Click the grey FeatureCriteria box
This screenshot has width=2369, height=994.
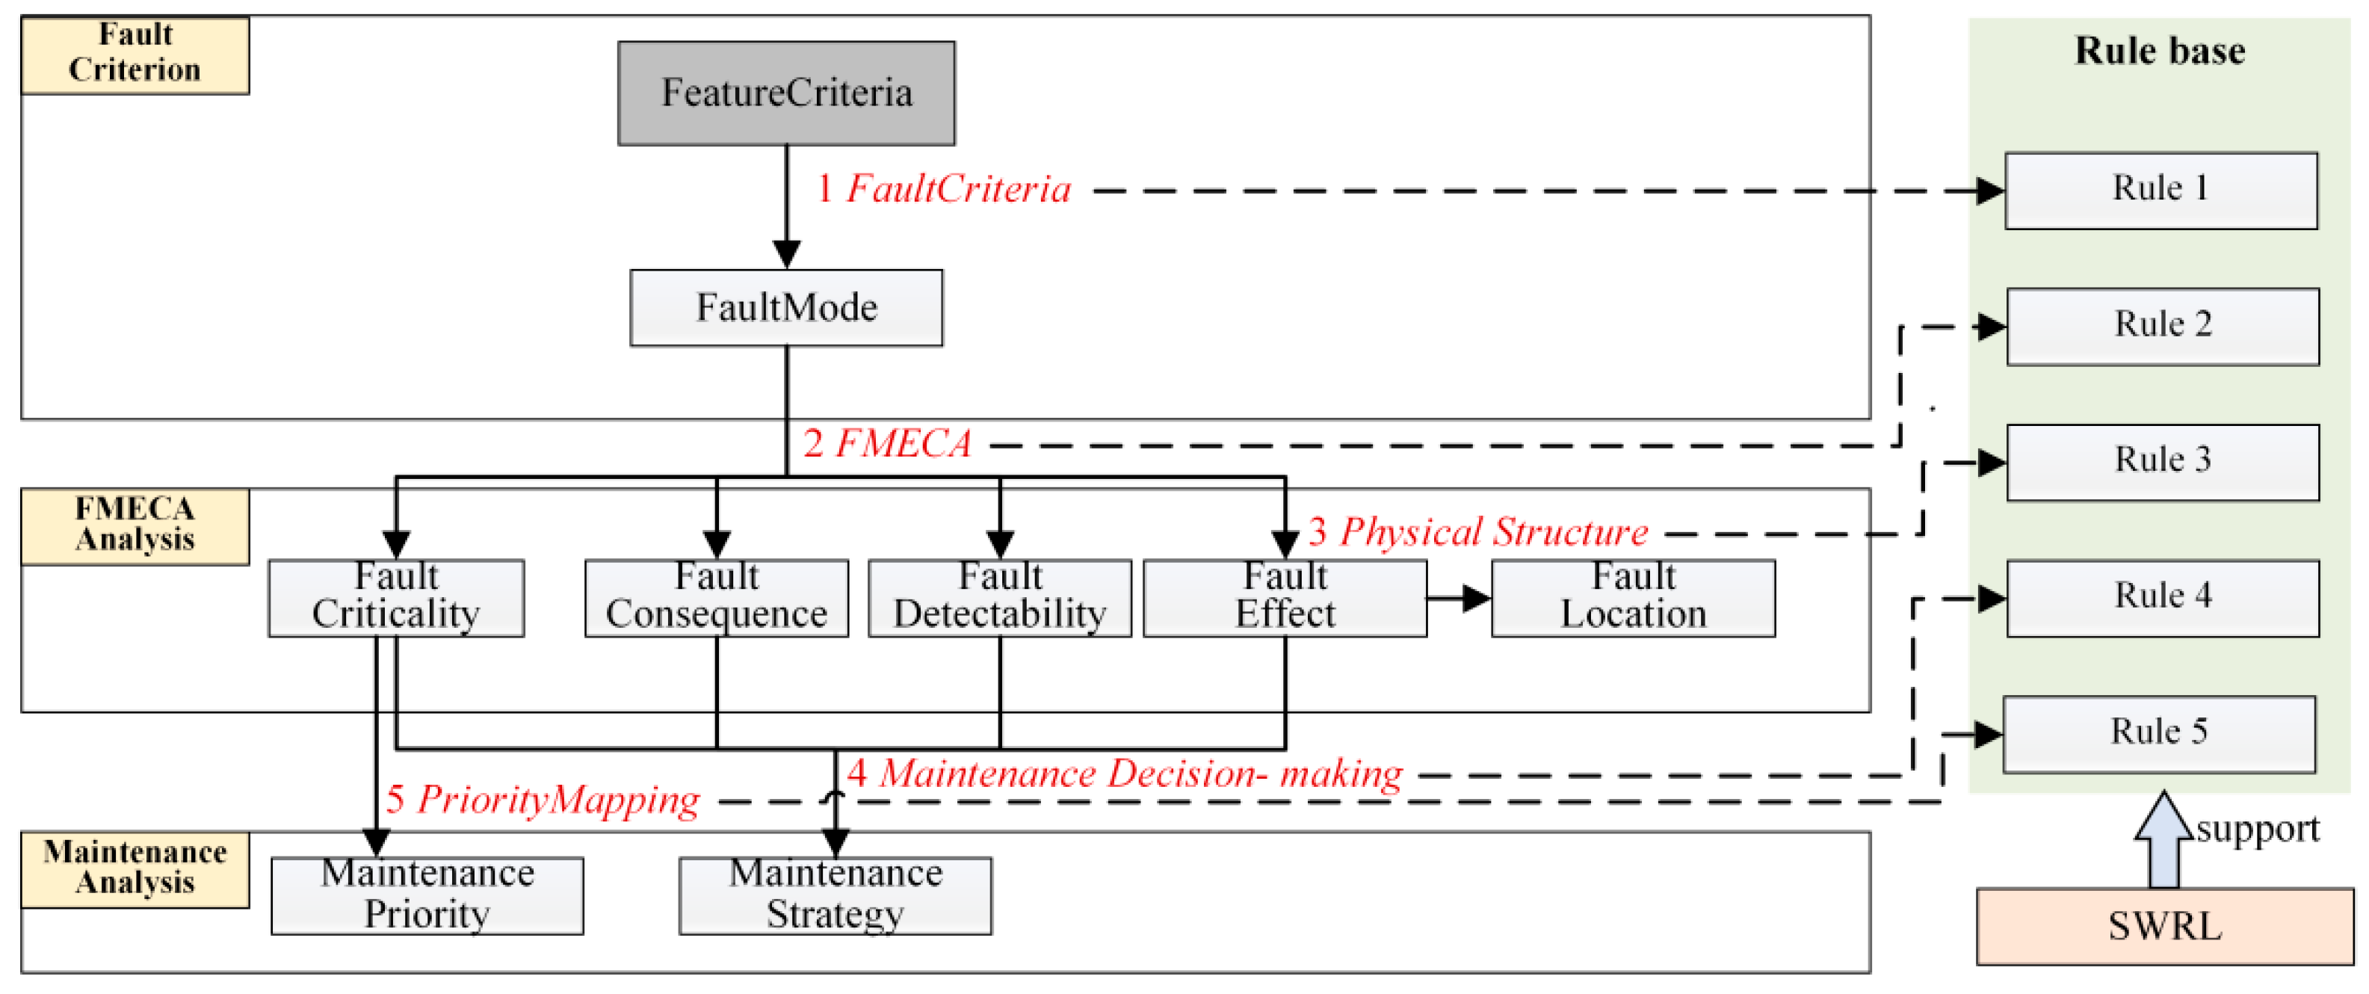pos(786,93)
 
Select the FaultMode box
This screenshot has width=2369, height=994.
pos(786,307)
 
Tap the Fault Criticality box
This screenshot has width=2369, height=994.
pos(396,598)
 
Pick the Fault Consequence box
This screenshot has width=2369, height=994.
pos(717,598)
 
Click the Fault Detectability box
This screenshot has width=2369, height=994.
pos(1000,598)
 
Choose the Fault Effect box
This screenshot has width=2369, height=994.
pos(1285,598)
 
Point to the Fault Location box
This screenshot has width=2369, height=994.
pos(1634,598)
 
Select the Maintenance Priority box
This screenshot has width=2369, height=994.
pos(427,895)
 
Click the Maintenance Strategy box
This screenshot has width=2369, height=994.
pos(835,895)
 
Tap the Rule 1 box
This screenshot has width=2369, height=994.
pos(2160,191)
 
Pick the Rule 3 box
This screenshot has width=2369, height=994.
pos(2162,462)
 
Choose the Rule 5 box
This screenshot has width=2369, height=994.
pos(2158,734)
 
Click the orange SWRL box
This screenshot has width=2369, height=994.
pos(2164,926)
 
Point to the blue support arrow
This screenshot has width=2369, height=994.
pos(2163,842)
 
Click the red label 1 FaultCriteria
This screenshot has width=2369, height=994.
pos(944,189)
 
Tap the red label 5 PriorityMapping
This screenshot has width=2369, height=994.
pos(543,799)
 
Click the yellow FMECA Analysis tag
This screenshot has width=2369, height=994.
pos(135,525)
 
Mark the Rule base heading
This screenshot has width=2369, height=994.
pos(2159,51)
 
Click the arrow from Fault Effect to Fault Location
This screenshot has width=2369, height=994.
pos(1459,599)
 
